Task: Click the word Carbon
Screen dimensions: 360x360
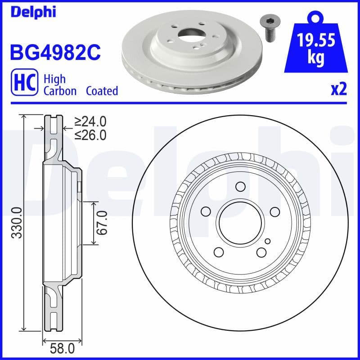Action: (x=61, y=91)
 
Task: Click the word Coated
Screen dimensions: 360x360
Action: (x=102, y=91)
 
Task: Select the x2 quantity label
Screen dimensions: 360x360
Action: (x=338, y=90)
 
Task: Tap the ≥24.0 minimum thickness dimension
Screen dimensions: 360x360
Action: (x=90, y=121)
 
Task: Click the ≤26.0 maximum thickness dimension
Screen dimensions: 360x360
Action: (x=90, y=135)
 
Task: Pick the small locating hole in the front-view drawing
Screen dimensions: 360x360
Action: (x=267, y=241)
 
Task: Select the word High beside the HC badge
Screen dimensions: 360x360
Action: (x=54, y=79)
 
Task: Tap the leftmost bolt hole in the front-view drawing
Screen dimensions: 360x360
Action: (x=206, y=211)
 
